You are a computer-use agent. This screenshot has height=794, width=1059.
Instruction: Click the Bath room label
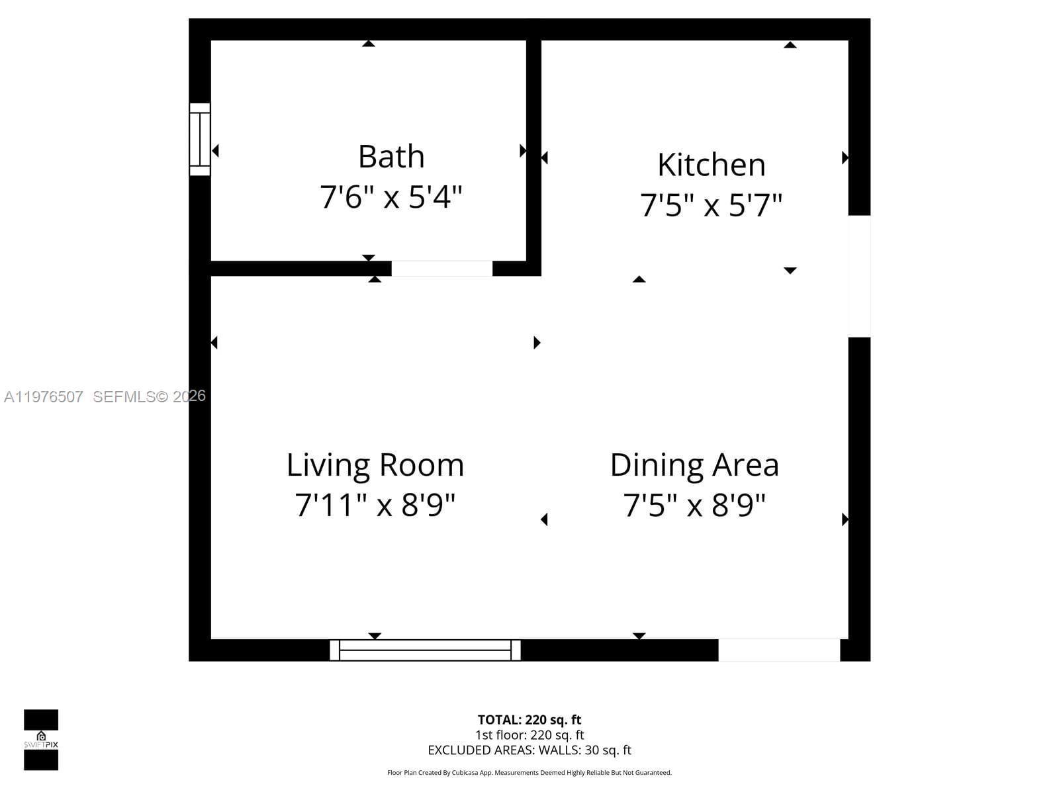(391, 157)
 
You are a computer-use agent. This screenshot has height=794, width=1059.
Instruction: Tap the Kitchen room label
(712, 165)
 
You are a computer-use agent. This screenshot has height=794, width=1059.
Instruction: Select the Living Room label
(375, 465)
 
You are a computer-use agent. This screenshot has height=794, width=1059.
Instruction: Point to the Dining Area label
(694, 465)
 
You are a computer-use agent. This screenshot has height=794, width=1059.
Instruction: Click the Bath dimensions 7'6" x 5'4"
(391, 197)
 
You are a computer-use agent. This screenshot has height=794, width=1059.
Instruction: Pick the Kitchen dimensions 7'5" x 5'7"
(712, 205)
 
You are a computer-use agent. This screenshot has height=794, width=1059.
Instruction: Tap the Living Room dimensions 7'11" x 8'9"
(375, 506)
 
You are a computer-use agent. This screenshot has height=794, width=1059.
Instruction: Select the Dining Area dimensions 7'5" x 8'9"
(694, 506)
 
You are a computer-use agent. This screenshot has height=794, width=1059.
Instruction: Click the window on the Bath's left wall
(200, 140)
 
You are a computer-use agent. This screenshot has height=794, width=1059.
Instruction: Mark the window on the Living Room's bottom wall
(426, 650)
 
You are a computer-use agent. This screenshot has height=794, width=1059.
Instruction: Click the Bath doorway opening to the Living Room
(442, 269)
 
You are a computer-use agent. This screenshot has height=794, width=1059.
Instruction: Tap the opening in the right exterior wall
(859, 276)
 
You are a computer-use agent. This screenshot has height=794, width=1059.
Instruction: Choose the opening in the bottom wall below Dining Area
(779, 650)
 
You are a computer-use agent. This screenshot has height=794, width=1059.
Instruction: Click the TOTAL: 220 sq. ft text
(529, 720)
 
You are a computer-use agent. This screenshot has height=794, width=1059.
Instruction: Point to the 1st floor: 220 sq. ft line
(529, 735)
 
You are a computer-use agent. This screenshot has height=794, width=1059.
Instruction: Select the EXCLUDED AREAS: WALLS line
(529, 750)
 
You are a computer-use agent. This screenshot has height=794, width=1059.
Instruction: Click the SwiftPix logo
(41, 740)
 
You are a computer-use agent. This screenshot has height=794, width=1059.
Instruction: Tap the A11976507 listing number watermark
(44, 397)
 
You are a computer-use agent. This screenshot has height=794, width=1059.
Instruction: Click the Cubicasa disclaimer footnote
(529, 773)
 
